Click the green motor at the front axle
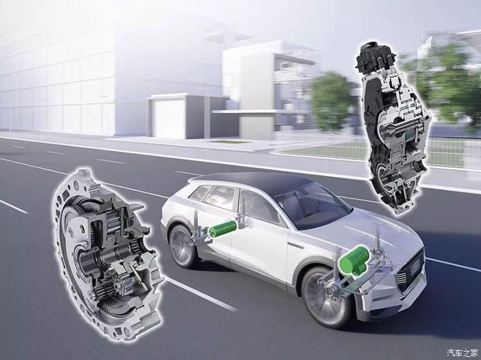354,259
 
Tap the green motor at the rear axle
222,228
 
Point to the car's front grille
411,271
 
